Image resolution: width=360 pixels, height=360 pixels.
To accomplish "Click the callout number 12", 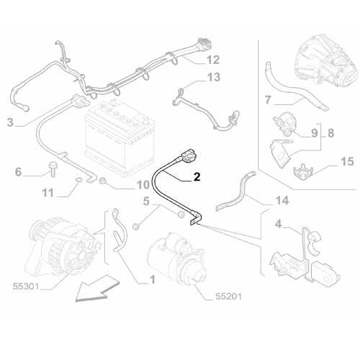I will pyautogui.click(x=212, y=59).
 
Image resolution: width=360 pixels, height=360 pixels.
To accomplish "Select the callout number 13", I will pyautogui.click(x=214, y=77).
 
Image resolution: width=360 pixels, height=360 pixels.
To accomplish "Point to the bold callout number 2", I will pyautogui.click(x=197, y=175).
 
